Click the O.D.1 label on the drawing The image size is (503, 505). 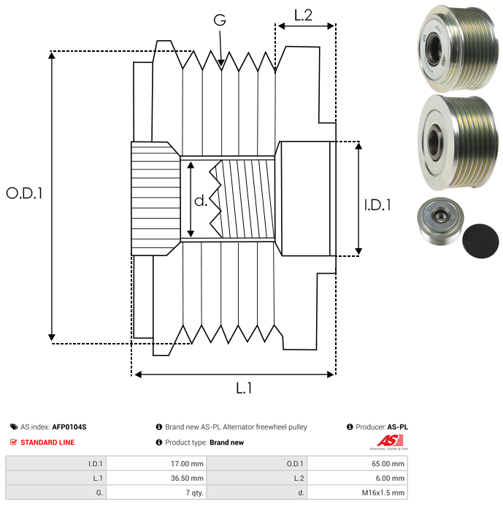pyautogui.click(x=24, y=193)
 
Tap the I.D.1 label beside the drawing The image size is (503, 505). pyautogui.click(x=377, y=205)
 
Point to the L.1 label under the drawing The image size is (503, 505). pyautogui.click(x=244, y=388)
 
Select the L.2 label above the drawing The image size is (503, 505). pyautogui.click(x=303, y=15)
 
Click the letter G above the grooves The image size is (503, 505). pyautogui.click(x=220, y=20)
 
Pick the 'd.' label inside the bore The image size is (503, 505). pyautogui.click(x=201, y=201)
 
